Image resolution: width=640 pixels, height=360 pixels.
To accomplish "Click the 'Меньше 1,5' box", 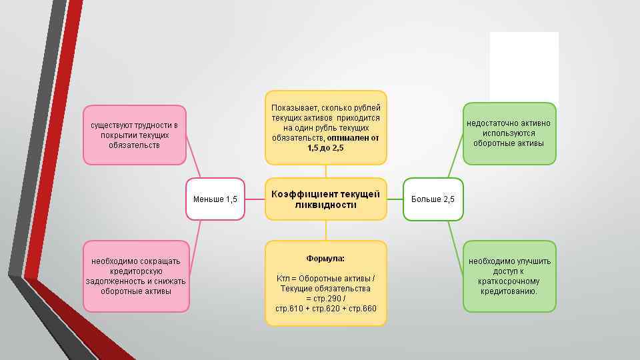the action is (x=215, y=199).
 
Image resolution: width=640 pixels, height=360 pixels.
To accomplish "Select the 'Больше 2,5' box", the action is (x=433, y=199).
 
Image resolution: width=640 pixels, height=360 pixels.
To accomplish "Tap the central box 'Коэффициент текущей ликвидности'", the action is (x=325, y=199).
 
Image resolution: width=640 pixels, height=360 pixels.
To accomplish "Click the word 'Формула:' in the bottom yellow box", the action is (x=325, y=258).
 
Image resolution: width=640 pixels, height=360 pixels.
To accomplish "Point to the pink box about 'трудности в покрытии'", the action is (x=134, y=135).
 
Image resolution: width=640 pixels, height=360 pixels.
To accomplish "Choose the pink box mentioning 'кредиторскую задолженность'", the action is (x=135, y=275).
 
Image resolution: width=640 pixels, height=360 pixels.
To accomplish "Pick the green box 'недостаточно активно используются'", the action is (x=509, y=133).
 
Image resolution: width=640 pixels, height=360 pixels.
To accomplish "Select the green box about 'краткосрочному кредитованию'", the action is (x=509, y=275).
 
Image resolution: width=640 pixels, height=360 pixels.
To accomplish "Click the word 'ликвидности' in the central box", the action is (x=325, y=205).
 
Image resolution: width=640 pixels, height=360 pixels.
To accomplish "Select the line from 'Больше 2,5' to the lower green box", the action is (x=455, y=247).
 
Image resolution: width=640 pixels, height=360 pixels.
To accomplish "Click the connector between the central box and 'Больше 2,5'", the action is (x=395, y=199).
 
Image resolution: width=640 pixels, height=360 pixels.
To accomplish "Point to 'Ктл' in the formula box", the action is (x=283, y=278).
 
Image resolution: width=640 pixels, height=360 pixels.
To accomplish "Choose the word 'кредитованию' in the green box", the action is (x=509, y=291).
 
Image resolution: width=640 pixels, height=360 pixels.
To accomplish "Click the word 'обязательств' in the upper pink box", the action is (x=134, y=145).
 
